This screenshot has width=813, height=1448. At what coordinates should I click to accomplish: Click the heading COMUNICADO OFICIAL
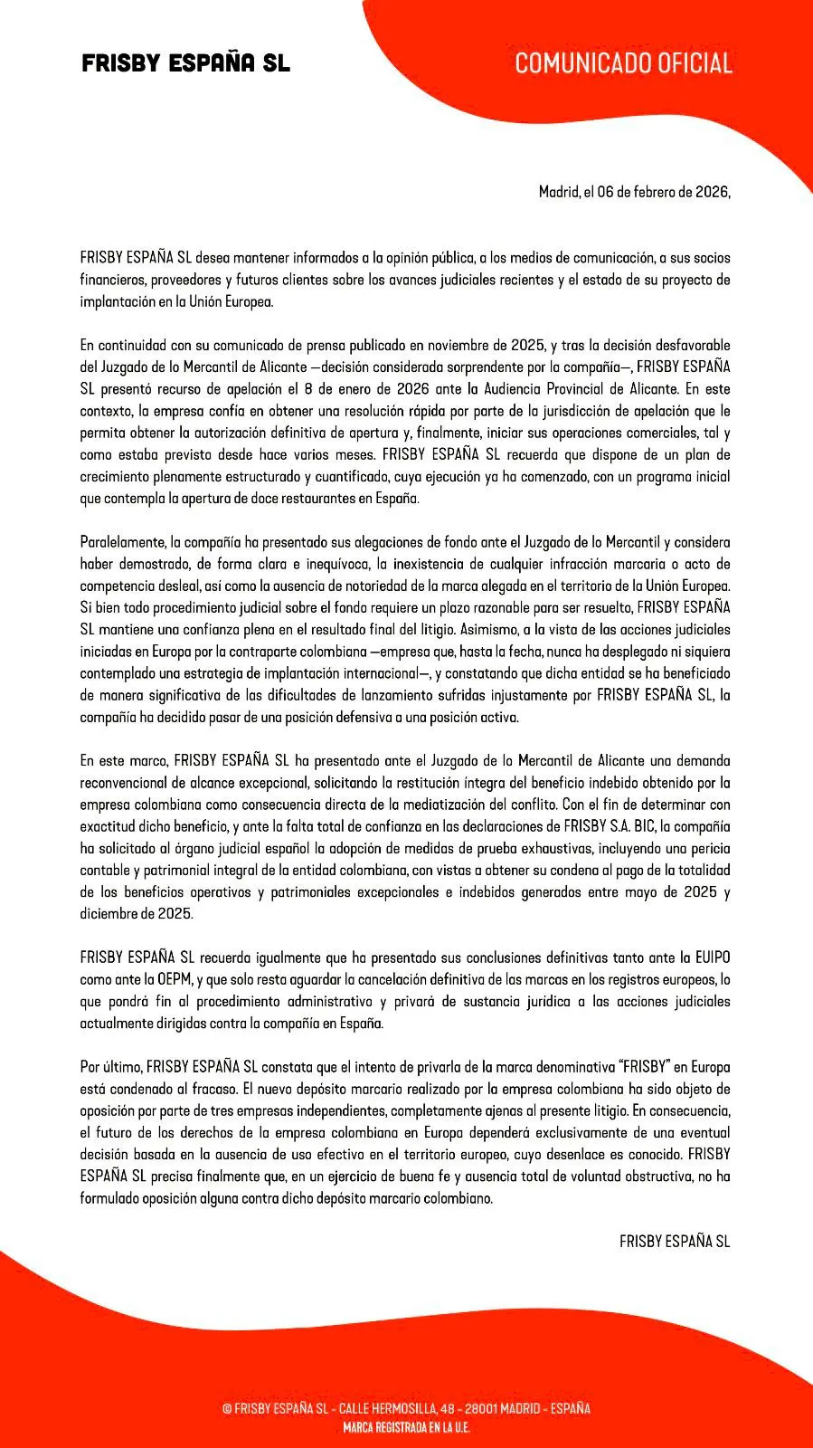(623, 63)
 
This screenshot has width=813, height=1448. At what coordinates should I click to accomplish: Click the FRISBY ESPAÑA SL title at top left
(185, 63)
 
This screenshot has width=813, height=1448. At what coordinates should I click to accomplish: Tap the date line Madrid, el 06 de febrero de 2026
(634, 192)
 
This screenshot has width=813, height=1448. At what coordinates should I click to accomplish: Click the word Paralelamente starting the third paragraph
(122, 542)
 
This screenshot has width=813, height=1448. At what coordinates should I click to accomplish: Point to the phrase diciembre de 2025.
(136, 914)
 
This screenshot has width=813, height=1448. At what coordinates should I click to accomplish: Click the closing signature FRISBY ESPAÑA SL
(674, 1242)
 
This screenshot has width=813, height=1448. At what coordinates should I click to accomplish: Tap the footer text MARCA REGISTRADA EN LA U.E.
(406, 1428)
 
